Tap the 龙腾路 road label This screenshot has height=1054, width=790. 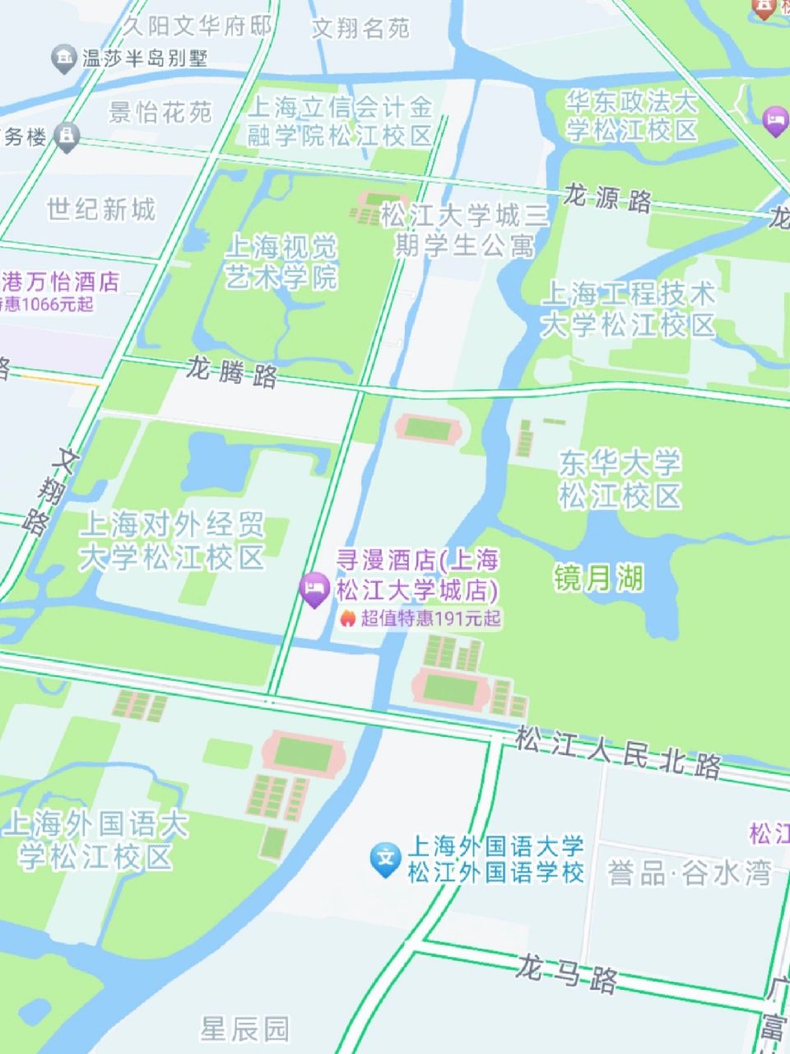pos(231,372)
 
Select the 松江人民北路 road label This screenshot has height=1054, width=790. pos(618,752)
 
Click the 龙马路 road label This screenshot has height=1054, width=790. pos(568,973)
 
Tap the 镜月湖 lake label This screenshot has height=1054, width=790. pos(598,578)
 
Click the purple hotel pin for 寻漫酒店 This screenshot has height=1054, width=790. pos(314,590)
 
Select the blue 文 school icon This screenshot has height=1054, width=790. pos(384,859)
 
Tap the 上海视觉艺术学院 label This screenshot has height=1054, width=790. pos(281,262)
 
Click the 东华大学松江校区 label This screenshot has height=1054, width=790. pos(620,479)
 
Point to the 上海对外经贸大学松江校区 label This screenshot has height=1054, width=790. pos(172,540)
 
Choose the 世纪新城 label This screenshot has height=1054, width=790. pos(100,210)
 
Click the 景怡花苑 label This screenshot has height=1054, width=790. pos(160,112)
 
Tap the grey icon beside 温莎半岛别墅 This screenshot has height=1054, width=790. pos(63,58)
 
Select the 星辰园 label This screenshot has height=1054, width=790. pos(245,1028)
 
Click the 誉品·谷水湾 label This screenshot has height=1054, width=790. pos(690,871)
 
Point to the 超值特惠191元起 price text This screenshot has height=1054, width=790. pos(430,618)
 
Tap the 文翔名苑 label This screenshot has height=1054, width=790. pos(360,29)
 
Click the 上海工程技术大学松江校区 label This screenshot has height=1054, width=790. pos(628,310)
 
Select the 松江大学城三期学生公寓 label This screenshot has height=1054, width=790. pos(465,231)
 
